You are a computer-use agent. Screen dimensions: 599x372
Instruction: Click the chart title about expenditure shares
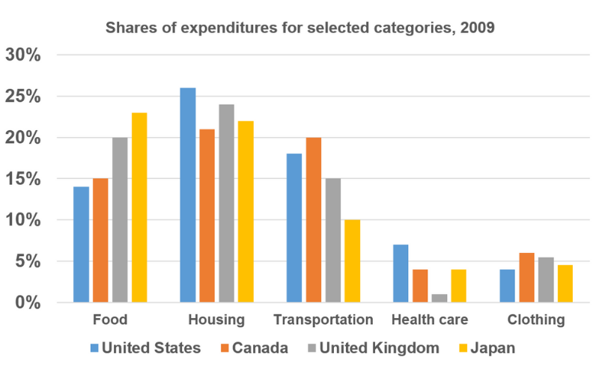tap(300, 28)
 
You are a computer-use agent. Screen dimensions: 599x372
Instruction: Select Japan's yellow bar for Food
tap(139, 207)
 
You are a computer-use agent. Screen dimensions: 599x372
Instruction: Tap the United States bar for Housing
tap(188, 195)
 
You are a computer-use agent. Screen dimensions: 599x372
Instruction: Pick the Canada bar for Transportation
tap(314, 220)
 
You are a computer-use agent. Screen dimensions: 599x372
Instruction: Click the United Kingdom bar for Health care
tap(440, 299)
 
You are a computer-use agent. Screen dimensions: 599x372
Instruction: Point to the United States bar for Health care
tap(401, 273)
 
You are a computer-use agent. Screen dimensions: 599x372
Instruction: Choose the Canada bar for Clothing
tap(527, 278)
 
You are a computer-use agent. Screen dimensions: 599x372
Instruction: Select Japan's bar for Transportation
tap(352, 261)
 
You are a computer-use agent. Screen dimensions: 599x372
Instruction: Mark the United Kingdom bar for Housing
tap(227, 204)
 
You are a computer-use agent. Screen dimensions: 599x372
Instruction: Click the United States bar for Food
tap(82, 245)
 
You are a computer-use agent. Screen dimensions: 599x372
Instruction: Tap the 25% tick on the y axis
tap(23, 97)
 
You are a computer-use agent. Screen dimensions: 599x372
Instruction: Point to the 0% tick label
tap(28, 302)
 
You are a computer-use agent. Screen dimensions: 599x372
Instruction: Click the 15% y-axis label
tap(23, 179)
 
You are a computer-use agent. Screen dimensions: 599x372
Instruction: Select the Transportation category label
tap(323, 320)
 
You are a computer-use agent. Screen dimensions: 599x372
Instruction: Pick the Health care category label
tap(430, 320)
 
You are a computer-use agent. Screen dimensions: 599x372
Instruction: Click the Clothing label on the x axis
tap(536, 320)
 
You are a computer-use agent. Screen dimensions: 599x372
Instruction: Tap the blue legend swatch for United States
tap(94, 348)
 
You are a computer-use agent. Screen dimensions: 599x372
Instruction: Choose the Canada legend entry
tap(255, 348)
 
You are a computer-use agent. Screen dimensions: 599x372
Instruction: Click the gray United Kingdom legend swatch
tap(312, 348)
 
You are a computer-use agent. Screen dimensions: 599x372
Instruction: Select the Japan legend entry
tap(487, 348)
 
